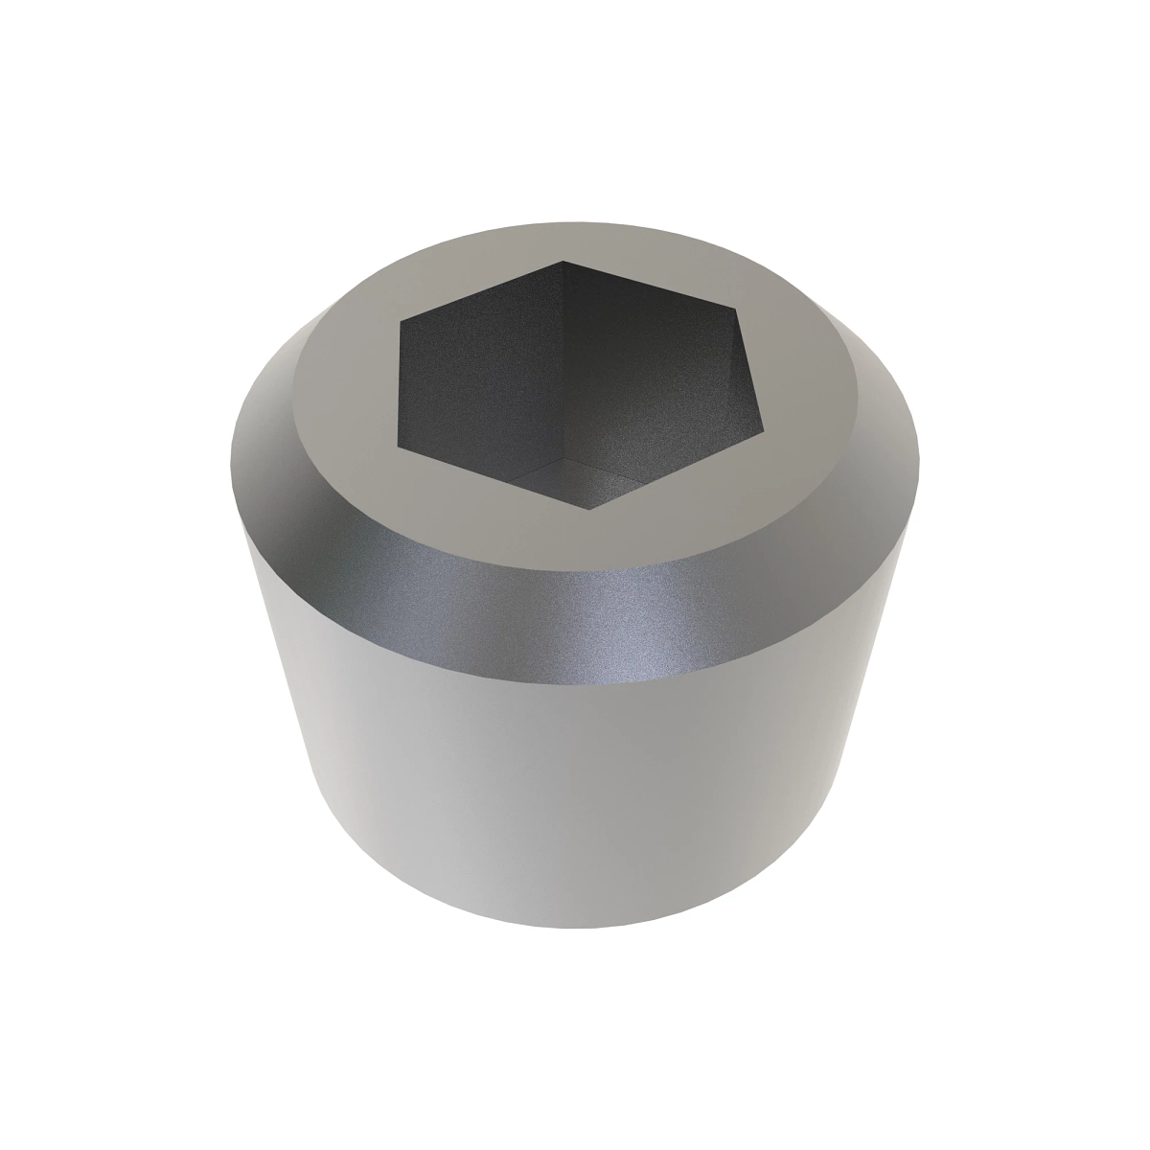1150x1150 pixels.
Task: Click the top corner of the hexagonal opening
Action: pyautogui.click(x=563, y=261)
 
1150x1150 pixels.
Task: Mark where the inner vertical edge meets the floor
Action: pyautogui.click(x=563, y=459)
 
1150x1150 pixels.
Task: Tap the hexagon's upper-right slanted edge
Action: pyautogui.click(x=652, y=285)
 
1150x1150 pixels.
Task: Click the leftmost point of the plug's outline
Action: pyautogui.click(x=231, y=450)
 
